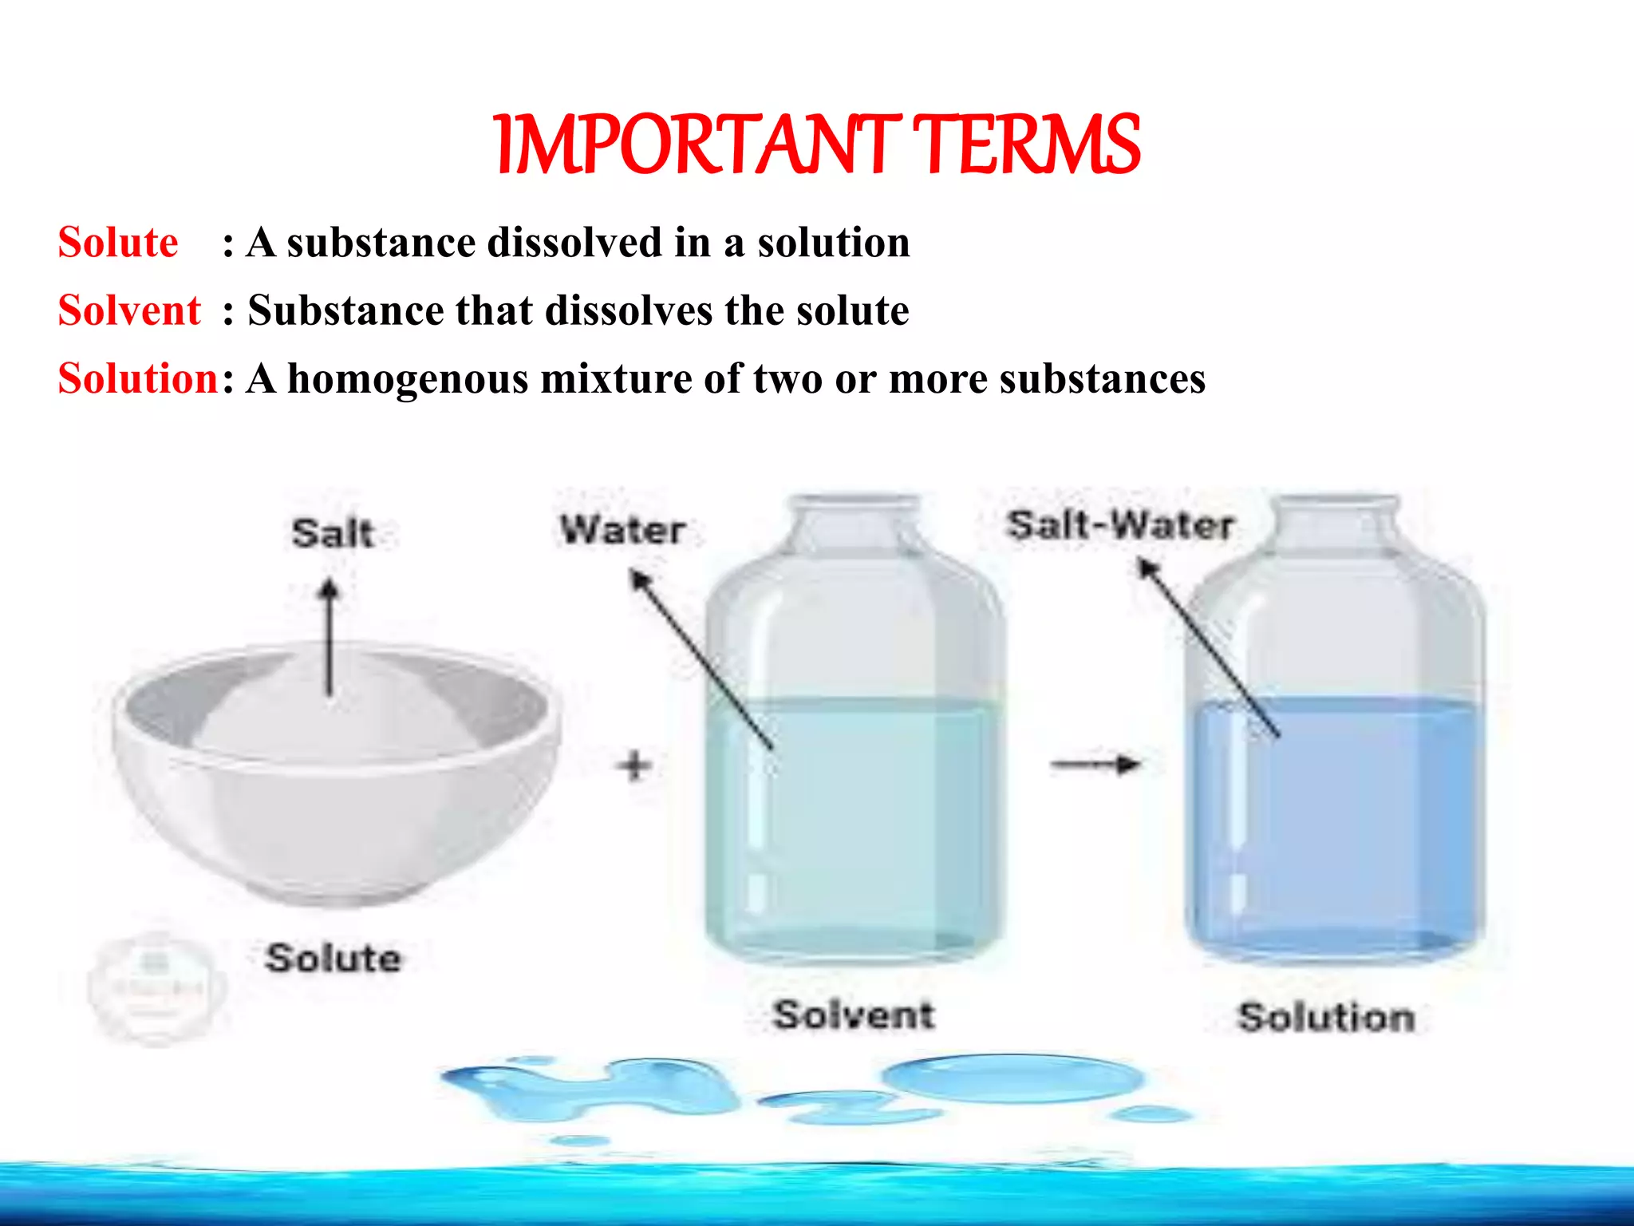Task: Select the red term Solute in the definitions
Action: tap(118, 243)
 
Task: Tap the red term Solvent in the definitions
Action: tap(129, 310)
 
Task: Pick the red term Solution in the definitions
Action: tap(138, 378)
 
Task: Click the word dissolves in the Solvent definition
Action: tap(629, 310)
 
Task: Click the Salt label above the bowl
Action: tap(333, 533)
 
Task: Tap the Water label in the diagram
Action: tap(622, 530)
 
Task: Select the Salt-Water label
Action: tap(1120, 525)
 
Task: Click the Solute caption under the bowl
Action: tap(334, 958)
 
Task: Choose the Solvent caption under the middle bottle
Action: tap(854, 1014)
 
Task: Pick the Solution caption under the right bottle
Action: tap(1326, 1018)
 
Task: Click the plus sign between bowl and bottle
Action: tap(635, 766)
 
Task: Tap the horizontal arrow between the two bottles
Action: tap(1095, 765)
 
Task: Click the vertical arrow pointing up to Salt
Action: tap(329, 639)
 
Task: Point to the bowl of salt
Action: tap(335, 766)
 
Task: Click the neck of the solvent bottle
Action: tap(854, 523)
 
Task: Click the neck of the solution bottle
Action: tap(1334, 523)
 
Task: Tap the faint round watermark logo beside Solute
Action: tap(156, 988)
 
